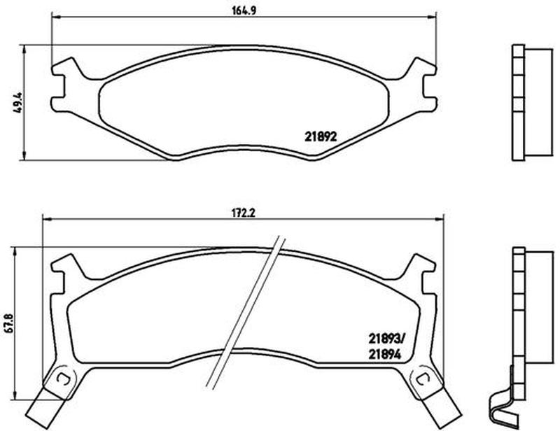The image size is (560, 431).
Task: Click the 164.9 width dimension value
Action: pos(244,10)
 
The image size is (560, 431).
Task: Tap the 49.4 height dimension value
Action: pos(17,103)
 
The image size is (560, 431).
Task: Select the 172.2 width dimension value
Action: pos(244,213)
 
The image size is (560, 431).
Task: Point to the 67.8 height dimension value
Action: pos(8,323)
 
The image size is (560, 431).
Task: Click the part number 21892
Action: pos(321,136)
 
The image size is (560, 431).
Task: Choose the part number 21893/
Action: pos(387,337)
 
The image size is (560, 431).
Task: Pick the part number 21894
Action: pos(384,354)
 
